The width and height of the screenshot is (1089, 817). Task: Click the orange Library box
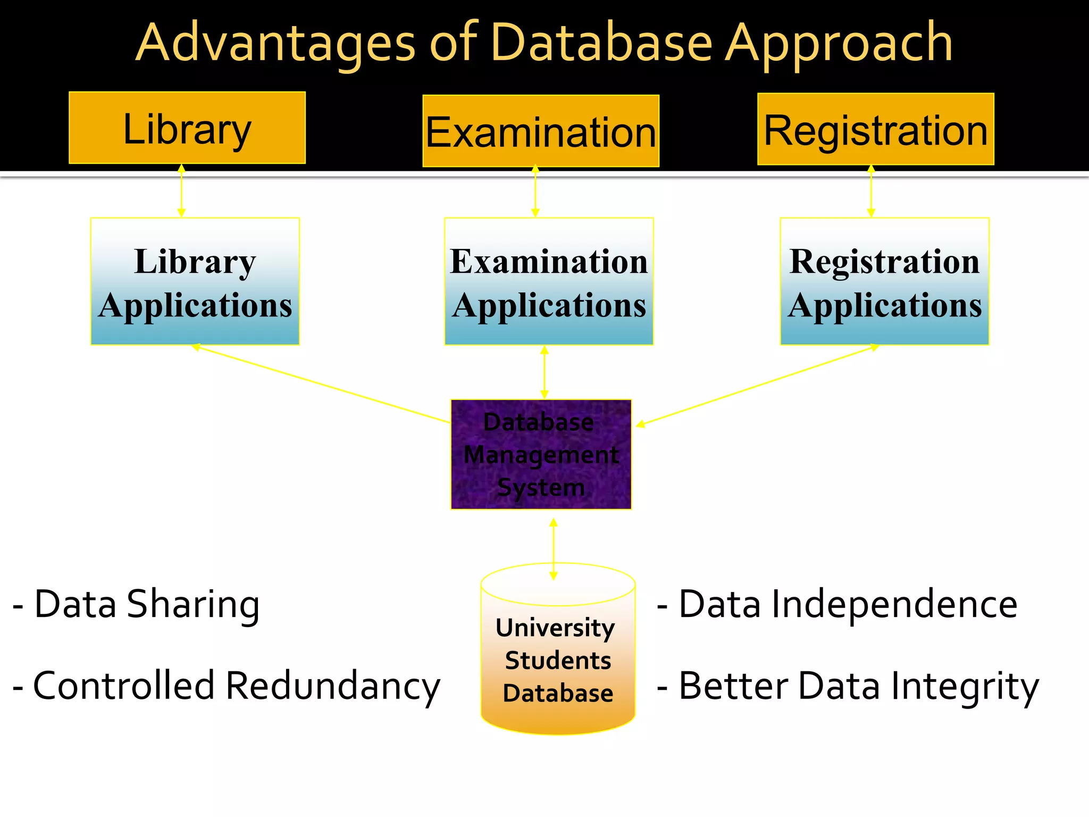point(187,128)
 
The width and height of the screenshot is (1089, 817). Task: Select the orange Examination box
point(541,131)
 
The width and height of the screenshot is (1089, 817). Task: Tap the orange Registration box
point(875,129)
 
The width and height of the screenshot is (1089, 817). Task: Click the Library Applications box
point(195,281)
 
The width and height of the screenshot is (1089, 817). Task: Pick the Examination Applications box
point(549,281)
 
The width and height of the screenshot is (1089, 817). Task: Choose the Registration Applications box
point(884,281)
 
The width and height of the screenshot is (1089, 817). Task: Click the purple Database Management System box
point(541,454)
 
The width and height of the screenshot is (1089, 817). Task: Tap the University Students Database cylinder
point(558,654)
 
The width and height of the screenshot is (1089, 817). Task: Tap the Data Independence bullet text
point(837,605)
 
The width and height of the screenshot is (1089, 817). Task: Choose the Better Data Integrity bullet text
point(848,686)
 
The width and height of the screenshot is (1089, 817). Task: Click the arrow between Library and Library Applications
point(181,190)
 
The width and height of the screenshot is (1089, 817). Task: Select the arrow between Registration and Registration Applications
point(871,191)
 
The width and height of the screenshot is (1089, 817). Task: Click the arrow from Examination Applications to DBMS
point(544,372)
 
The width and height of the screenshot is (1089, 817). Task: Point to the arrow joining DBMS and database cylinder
point(554,549)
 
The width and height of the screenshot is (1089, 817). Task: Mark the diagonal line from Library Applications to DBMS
point(322,384)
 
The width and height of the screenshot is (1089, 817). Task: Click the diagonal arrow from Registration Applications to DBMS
point(755,385)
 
